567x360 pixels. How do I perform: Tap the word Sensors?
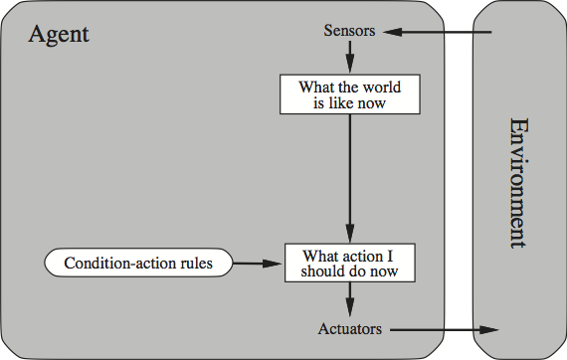(x=349, y=31)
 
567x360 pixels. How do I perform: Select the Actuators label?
(x=349, y=328)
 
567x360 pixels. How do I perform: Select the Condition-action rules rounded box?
(x=136, y=264)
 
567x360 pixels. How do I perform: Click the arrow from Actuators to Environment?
(x=443, y=328)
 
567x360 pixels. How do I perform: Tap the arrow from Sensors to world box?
(x=349, y=56)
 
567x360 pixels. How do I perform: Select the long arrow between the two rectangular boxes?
(x=349, y=174)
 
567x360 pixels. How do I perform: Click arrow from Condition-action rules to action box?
(x=258, y=264)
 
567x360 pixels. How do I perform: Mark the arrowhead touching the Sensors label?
(x=391, y=32)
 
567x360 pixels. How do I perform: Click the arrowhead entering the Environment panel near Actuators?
(x=489, y=328)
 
